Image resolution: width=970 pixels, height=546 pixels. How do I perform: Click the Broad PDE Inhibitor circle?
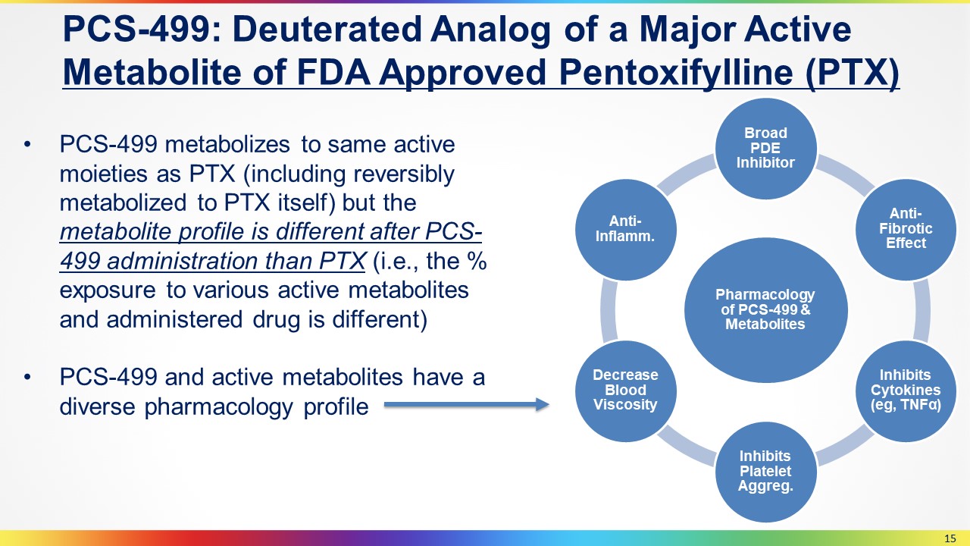pyautogui.click(x=765, y=148)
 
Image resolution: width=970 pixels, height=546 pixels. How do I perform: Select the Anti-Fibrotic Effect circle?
pyautogui.click(x=906, y=229)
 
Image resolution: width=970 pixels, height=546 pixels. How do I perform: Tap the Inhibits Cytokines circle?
pyautogui.click(x=906, y=391)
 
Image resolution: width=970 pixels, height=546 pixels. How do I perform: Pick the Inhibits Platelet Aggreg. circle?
pyautogui.click(x=765, y=472)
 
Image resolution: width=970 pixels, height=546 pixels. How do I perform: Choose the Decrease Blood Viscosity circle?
pyautogui.click(x=626, y=391)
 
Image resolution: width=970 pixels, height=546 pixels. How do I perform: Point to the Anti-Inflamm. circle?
pyautogui.click(x=626, y=229)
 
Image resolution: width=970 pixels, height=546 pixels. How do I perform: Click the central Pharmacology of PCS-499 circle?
pyautogui.click(x=765, y=310)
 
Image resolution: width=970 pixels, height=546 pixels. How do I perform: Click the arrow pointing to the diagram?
pyautogui.click(x=467, y=405)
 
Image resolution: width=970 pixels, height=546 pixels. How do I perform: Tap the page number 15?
pyautogui.click(x=950, y=538)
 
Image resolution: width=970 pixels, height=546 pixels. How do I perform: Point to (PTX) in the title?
pyautogui.click(x=853, y=73)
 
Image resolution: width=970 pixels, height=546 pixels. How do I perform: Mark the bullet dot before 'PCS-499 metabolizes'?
pyautogui.click(x=28, y=145)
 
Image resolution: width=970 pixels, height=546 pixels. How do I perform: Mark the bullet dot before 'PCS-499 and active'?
pyautogui.click(x=28, y=378)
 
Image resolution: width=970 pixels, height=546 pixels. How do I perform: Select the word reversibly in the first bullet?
pyautogui.click(x=404, y=175)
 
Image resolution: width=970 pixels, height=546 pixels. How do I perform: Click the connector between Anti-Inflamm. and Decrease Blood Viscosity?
pyautogui.click(x=609, y=310)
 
